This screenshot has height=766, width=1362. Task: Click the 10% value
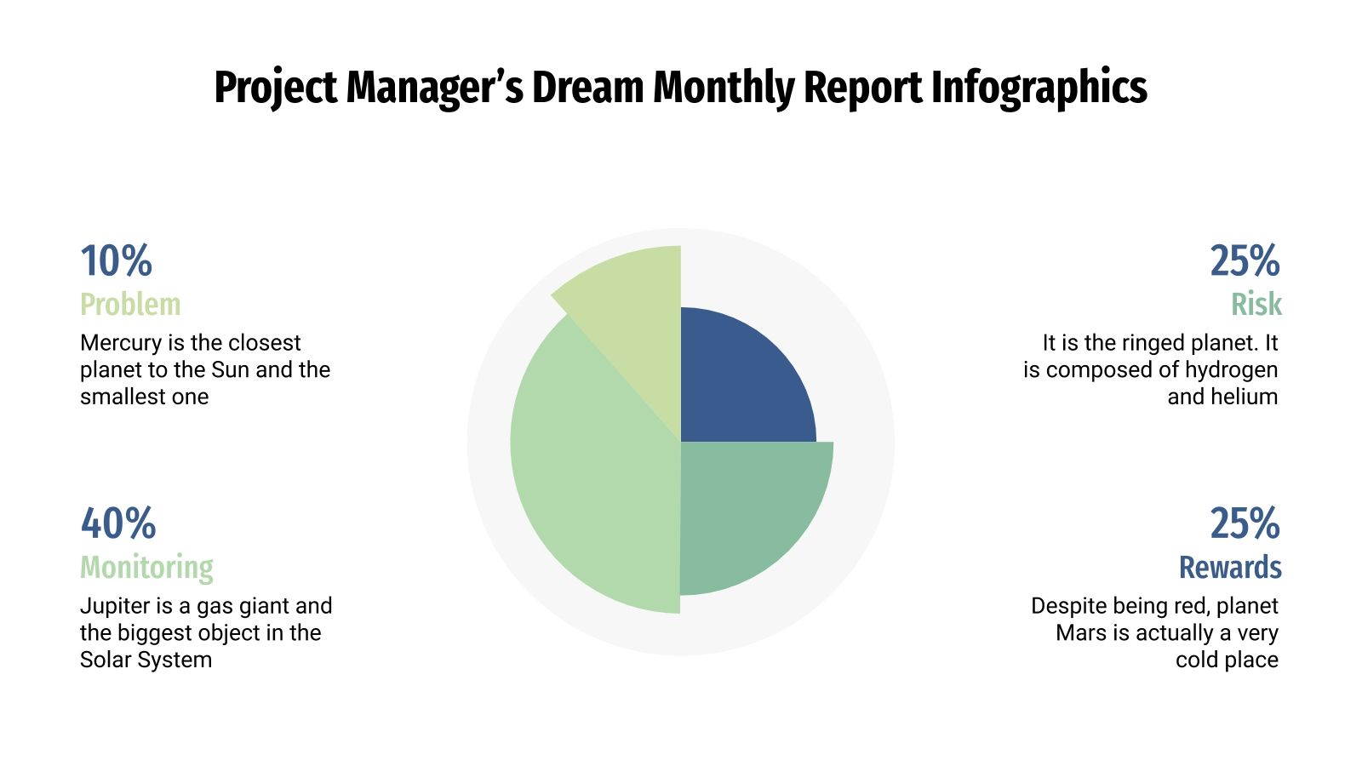116,261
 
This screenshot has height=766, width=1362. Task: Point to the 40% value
118,524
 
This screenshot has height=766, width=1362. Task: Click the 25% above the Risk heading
1245,261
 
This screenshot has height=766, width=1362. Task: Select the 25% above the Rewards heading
1245,524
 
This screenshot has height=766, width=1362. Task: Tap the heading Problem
130,305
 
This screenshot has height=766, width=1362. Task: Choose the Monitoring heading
146,568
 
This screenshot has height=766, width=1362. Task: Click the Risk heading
1256,305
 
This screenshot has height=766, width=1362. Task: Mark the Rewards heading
1229,568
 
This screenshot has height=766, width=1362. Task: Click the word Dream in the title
587,88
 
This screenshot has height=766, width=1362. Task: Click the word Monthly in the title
724,88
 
